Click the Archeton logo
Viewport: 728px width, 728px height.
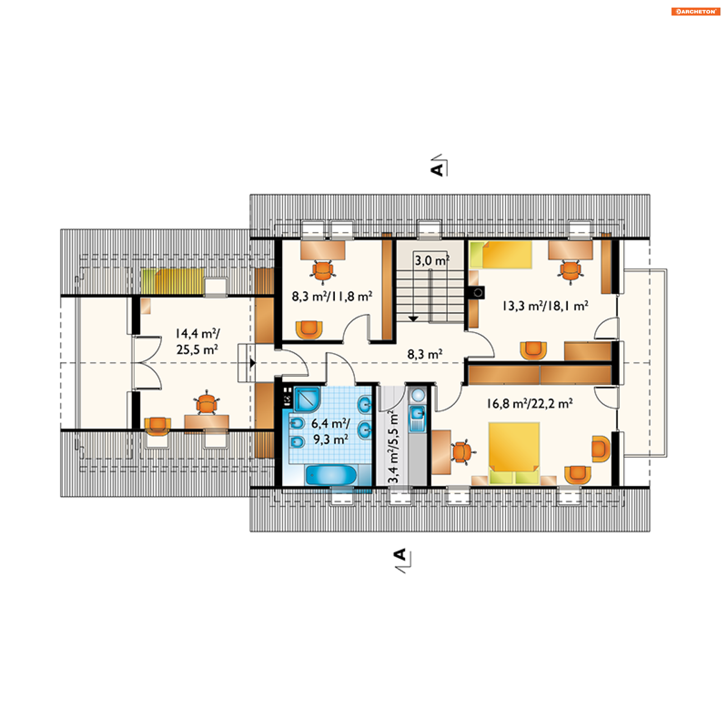coord(695,12)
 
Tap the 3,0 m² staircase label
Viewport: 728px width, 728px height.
coord(432,260)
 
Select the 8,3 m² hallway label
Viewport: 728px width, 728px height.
coord(425,354)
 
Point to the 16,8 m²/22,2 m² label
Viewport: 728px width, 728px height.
coord(530,403)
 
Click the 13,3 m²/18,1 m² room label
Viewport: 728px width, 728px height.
coord(545,306)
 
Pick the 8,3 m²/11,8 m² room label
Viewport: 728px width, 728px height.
coord(332,296)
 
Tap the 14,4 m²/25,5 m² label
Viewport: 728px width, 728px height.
coord(197,341)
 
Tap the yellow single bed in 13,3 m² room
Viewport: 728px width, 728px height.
coord(501,255)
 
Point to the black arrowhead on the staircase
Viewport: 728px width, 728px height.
coord(413,319)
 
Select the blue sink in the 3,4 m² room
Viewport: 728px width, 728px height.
coord(417,413)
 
